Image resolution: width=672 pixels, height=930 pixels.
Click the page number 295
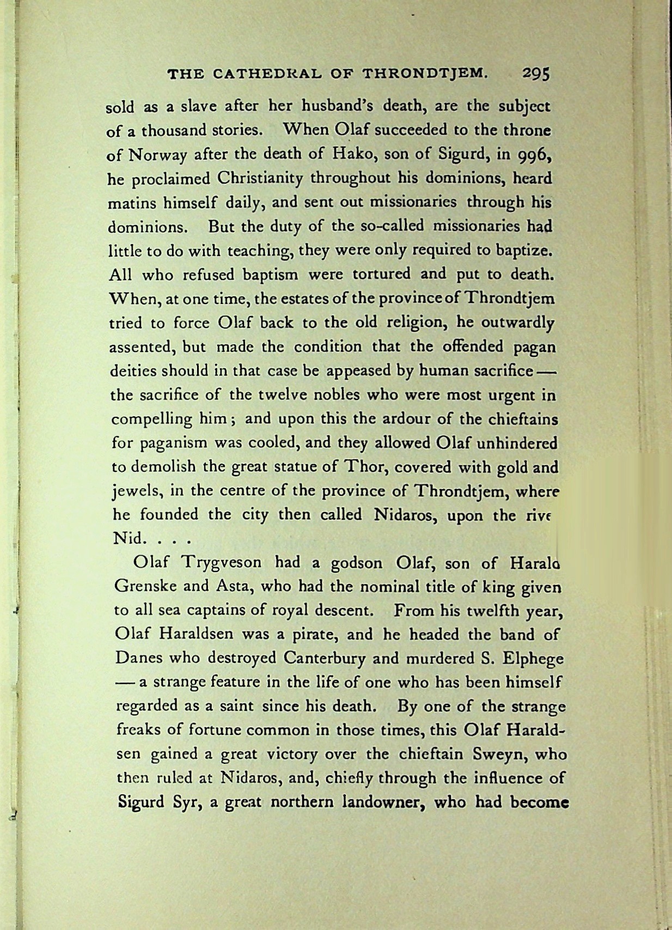pyautogui.click(x=536, y=73)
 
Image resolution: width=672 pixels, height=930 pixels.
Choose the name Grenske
pyautogui.click(x=142, y=586)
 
